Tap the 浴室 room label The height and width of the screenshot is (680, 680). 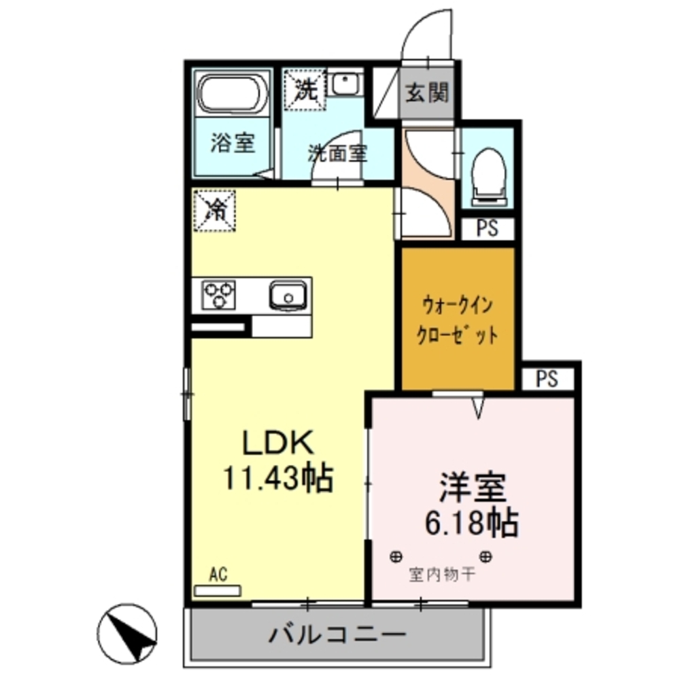point(232,143)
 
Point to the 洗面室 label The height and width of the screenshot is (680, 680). point(337,154)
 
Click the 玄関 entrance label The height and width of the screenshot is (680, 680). point(427,93)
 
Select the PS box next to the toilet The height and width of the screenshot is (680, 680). point(487,229)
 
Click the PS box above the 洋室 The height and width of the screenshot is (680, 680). point(547,379)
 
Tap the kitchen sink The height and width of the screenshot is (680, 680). point(288,296)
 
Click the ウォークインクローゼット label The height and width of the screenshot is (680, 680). point(458,320)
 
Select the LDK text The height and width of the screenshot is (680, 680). point(279,445)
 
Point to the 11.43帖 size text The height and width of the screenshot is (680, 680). point(279,479)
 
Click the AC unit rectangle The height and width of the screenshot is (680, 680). point(218,590)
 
